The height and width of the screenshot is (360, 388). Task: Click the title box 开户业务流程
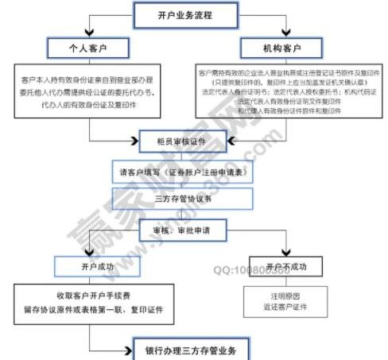188,14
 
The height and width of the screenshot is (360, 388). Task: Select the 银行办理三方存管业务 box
191,350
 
